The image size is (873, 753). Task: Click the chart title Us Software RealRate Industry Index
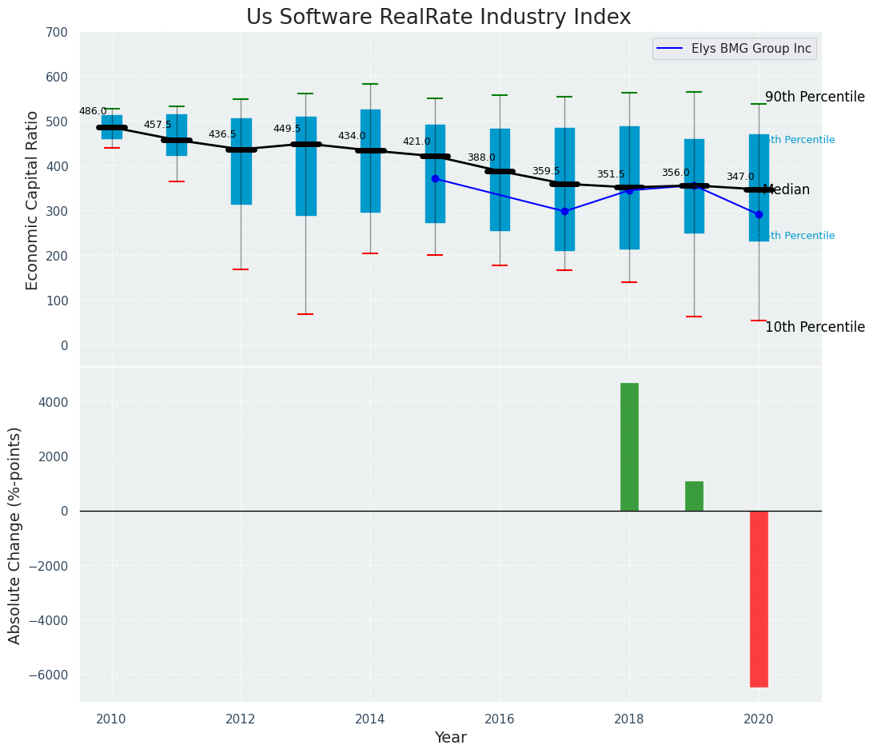click(x=438, y=18)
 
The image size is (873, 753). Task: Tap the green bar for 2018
click(x=629, y=447)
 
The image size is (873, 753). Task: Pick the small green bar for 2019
click(x=694, y=496)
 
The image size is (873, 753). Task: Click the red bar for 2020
click(x=759, y=599)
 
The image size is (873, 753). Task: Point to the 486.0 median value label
click(x=93, y=111)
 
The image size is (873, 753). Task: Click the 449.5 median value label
click(x=287, y=129)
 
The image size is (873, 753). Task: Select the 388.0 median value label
click(x=481, y=157)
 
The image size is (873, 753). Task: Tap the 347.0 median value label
click(x=740, y=177)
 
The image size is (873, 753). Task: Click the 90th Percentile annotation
click(x=815, y=98)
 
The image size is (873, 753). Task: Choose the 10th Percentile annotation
click(x=815, y=327)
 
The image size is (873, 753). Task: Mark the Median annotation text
click(x=787, y=190)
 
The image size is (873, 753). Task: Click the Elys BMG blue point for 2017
click(x=564, y=211)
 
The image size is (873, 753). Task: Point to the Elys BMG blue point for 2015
click(x=435, y=178)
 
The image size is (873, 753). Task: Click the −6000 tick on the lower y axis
click(x=51, y=675)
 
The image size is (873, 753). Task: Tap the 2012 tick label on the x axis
click(x=241, y=719)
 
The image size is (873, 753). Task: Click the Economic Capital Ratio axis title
click(x=33, y=200)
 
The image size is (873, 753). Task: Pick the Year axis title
click(x=450, y=738)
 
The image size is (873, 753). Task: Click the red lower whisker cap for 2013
click(x=305, y=314)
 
